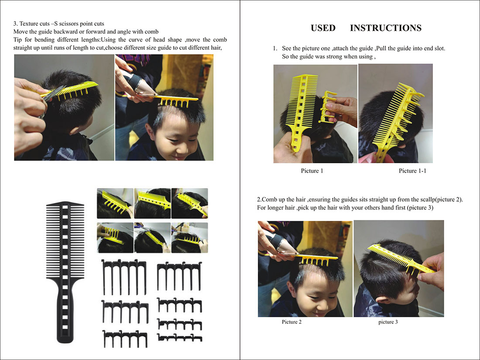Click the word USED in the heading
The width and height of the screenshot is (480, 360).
click(323, 28)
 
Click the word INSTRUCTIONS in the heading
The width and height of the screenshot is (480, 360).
click(386, 28)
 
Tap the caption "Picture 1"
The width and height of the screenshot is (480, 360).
click(312, 171)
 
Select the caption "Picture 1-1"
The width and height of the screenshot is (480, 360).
click(412, 171)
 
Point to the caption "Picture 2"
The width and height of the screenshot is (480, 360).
click(291, 322)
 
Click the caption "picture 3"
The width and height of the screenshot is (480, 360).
click(388, 322)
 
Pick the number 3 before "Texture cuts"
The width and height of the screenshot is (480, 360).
click(15, 24)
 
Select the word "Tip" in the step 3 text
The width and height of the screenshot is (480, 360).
click(17, 40)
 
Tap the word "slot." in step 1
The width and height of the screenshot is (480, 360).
click(439, 48)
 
